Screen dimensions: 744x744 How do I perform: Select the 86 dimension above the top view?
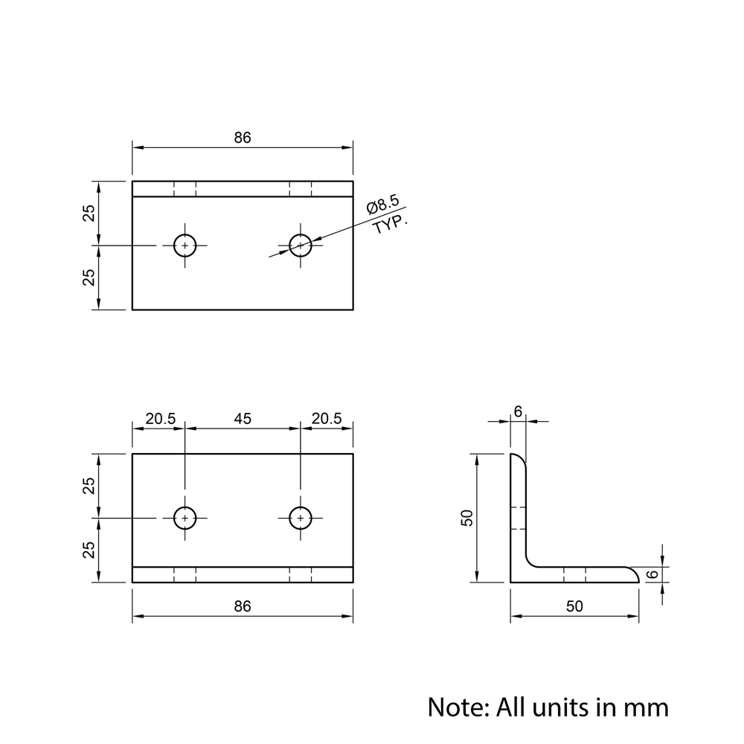tap(243, 138)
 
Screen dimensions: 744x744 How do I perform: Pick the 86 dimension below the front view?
tap(243, 606)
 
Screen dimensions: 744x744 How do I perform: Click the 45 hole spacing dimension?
tap(243, 419)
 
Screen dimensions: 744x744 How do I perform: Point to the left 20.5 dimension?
tap(161, 419)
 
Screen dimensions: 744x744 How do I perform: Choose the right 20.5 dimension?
tap(327, 418)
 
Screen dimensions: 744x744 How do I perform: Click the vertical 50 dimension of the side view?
tap(467, 518)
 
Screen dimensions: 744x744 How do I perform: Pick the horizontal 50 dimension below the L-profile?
tap(574, 606)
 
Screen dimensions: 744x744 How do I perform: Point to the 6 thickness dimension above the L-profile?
tap(518, 412)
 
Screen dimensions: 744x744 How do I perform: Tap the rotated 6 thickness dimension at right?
tap(653, 574)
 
